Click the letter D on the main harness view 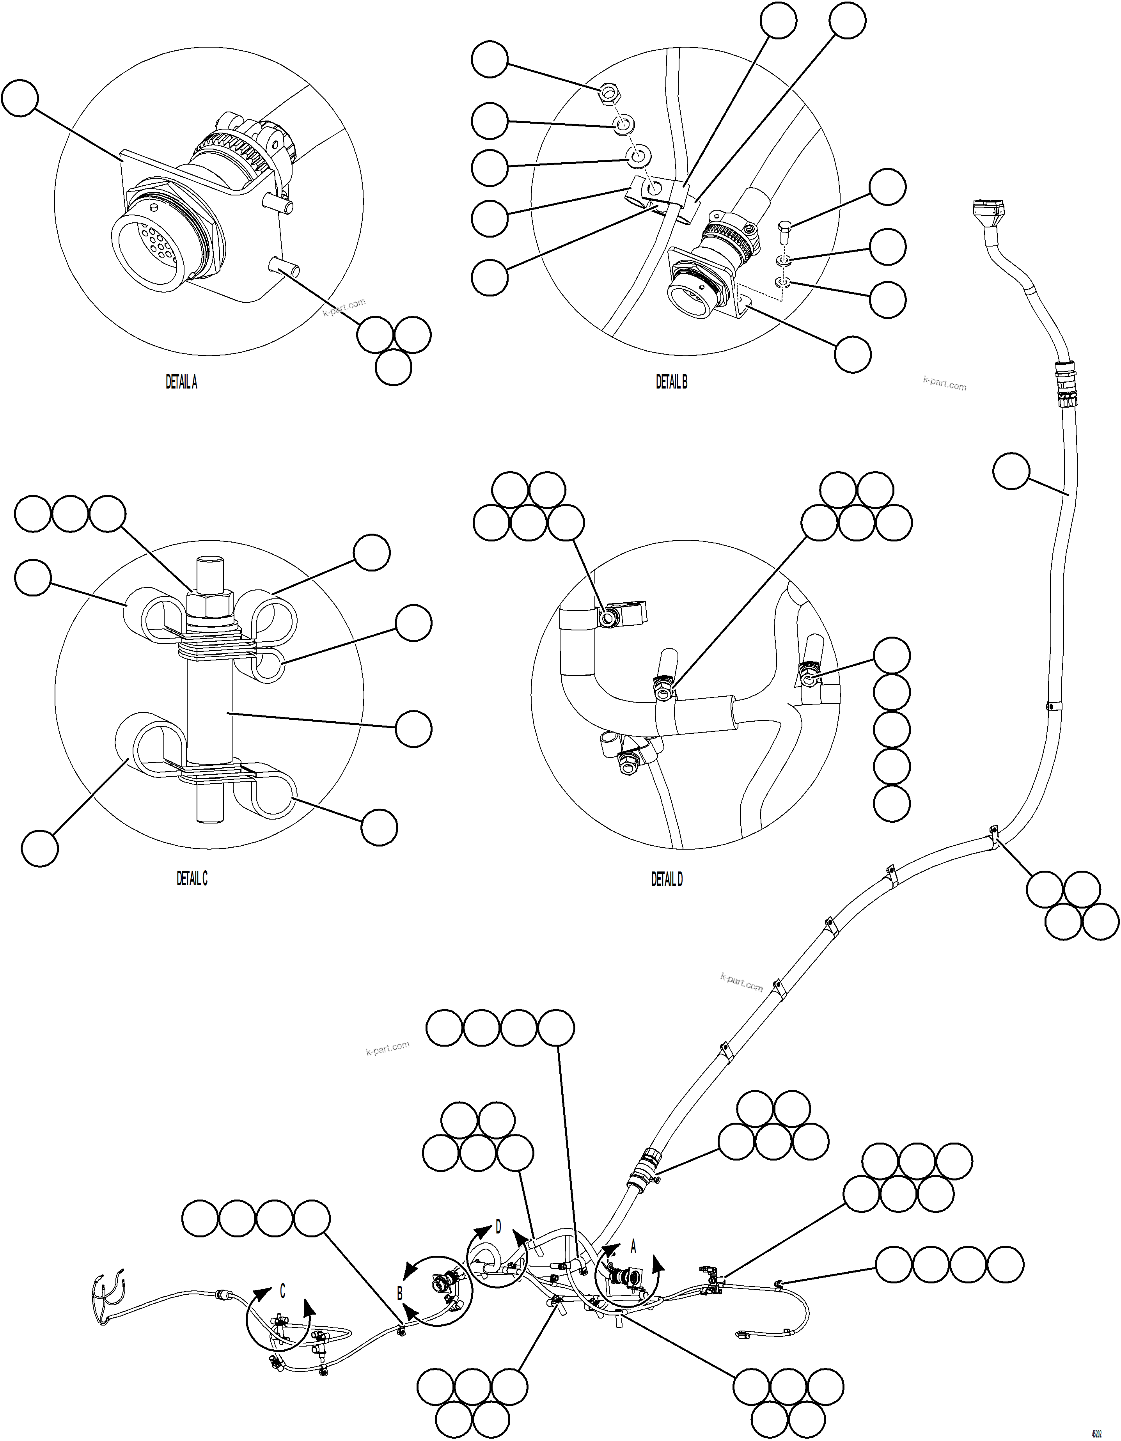coord(498,1227)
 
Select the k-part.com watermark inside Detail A coord(344,307)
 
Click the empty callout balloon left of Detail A coord(20,99)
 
